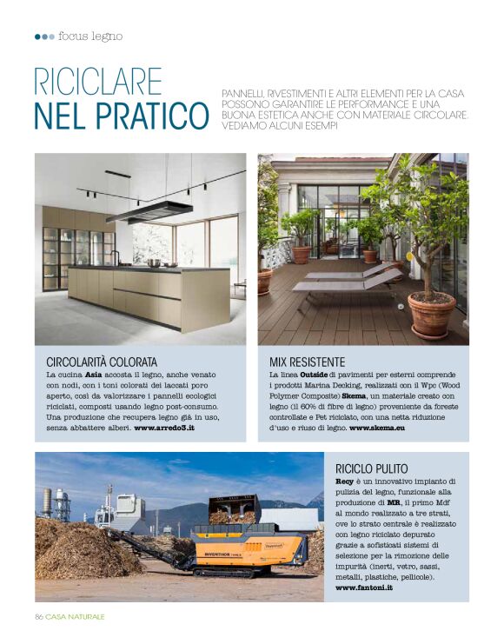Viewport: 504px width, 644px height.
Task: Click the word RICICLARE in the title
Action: [x=98, y=83]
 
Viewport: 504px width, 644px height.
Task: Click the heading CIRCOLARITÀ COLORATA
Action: [x=102, y=361]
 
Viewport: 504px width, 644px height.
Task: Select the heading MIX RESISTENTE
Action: [x=307, y=361]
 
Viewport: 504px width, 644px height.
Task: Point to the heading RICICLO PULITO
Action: [x=371, y=468]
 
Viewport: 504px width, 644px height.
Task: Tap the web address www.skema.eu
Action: [x=378, y=428]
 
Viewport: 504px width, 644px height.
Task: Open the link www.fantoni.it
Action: [x=363, y=588]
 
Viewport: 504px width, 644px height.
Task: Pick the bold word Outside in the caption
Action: [x=314, y=374]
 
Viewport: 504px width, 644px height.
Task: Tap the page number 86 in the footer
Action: [x=39, y=616]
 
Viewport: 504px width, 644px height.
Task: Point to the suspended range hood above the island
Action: [x=149, y=211]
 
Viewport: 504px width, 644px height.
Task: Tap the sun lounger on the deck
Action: [x=348, y=280]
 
